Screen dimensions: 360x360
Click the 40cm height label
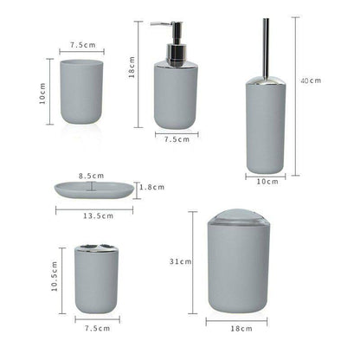311,80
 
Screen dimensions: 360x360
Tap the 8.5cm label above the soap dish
91,176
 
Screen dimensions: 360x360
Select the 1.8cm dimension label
152,186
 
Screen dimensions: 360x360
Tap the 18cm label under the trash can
241,329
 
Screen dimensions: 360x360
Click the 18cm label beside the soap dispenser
131,74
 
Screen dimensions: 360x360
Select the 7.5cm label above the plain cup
82,44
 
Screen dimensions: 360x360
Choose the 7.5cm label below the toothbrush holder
97,328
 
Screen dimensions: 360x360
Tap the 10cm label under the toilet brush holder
267,181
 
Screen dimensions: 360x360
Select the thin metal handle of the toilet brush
265,43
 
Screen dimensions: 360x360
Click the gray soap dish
95,190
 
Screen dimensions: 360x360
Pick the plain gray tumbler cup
82,91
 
